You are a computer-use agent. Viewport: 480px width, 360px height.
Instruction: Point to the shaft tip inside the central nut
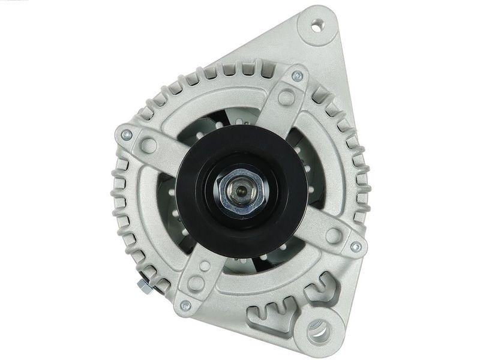(240, 190)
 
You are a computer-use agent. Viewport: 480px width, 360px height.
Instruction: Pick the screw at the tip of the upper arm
(296, 76)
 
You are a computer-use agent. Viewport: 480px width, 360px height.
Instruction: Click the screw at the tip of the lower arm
(185, 305)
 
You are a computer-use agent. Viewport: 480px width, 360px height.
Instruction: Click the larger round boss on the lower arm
(195, 283)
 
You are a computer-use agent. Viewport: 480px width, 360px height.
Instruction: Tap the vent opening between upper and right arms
(306, 150)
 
